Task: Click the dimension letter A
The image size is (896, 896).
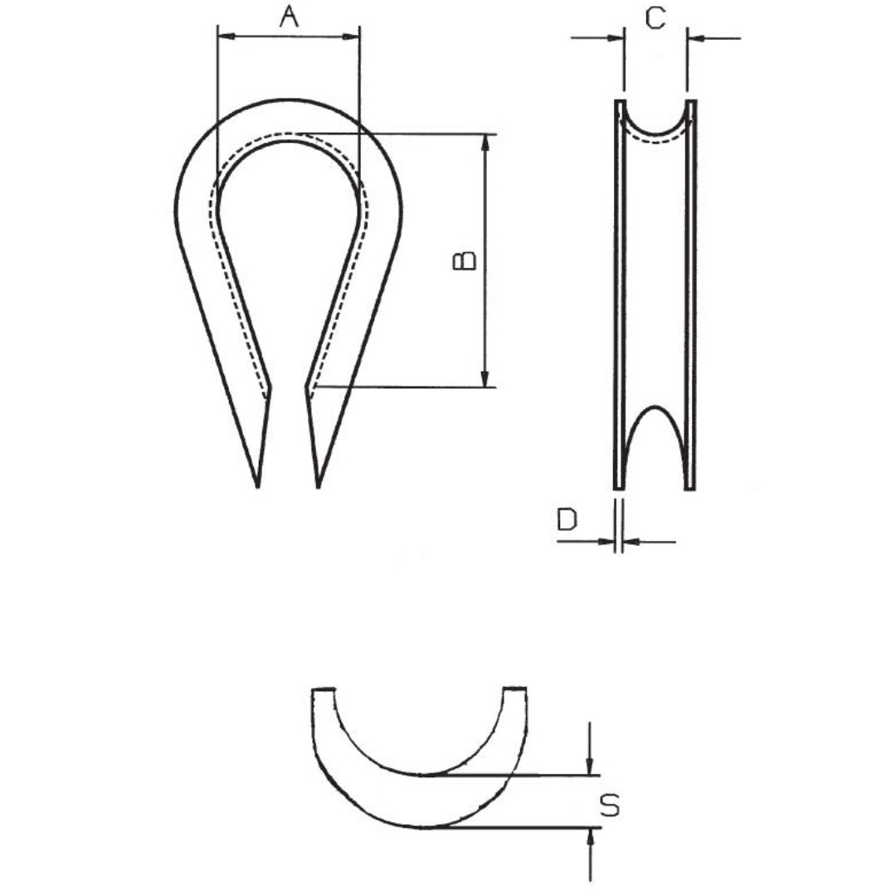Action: (x=290, y=17)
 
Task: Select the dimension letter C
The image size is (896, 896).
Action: (x=655, y=18)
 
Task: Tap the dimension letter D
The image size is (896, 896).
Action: (x=567, y=519)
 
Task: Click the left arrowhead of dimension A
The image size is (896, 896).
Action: (x=226, y=37)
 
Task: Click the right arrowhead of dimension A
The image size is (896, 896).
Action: (x=350, y=37)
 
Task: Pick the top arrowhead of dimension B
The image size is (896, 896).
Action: (x=485, y=144)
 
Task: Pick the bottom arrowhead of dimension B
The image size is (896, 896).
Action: (x=485, y=378)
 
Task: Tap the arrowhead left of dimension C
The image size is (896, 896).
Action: (x=616, y=38)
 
